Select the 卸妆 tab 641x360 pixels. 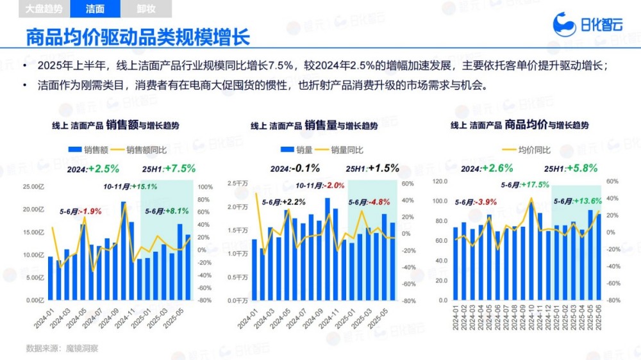(x=146, y=9)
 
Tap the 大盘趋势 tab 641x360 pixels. (x=44, y=9)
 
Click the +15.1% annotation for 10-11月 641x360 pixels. (x=131, y=186)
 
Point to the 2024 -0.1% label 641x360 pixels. (x=295, y=168)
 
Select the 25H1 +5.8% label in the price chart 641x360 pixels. (x=570, y=168)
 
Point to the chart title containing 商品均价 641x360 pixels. (x=519, y=126)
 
